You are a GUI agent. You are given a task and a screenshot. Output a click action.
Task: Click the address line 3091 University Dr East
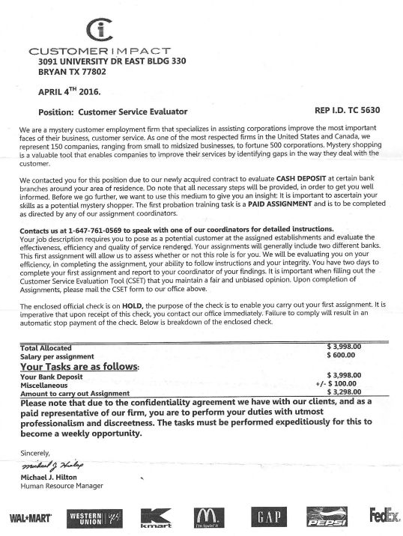click(112, 61)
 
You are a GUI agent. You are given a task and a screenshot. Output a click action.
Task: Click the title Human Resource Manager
click(61, 486)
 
